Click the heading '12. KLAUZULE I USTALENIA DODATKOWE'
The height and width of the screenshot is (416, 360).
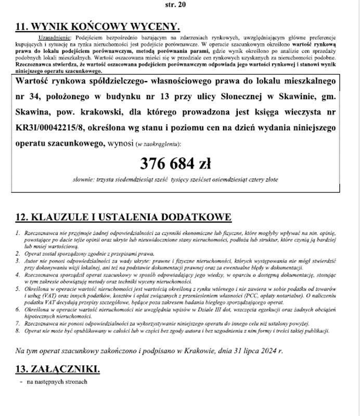123,217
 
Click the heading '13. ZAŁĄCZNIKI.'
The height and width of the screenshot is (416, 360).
57,369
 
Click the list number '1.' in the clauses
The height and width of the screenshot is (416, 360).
18,233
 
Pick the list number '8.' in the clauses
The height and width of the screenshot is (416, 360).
18,331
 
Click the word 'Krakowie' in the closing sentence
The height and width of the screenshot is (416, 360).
199,351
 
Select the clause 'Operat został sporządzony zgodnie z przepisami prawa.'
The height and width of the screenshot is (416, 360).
88,253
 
